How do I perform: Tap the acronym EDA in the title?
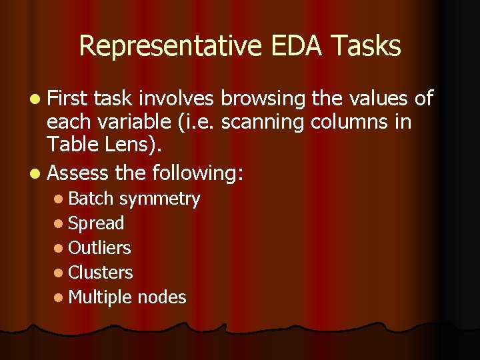(289, 47)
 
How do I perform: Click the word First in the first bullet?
(69, 99)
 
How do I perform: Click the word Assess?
(78, 173)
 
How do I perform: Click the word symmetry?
(160, 199)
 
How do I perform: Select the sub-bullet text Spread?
(97, 223)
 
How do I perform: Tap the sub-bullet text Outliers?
(100, 247)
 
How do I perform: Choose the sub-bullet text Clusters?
(101, 272)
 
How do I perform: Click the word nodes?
(162, 297)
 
